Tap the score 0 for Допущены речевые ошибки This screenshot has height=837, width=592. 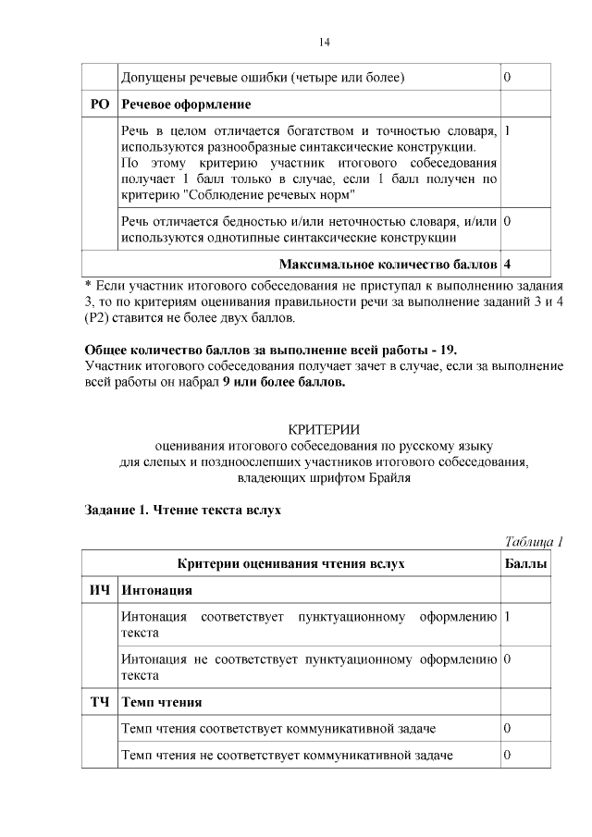(507, 76)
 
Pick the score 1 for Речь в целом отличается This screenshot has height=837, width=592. (508, 130)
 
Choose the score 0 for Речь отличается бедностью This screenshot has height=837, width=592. (508, 222)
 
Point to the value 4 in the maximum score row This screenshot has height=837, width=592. (508, 265)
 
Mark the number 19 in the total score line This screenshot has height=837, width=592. (447, 350)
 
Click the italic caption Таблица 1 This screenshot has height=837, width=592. (534, 541)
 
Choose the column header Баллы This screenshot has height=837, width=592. (525, 563)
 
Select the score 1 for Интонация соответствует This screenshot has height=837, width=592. (508, 616)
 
